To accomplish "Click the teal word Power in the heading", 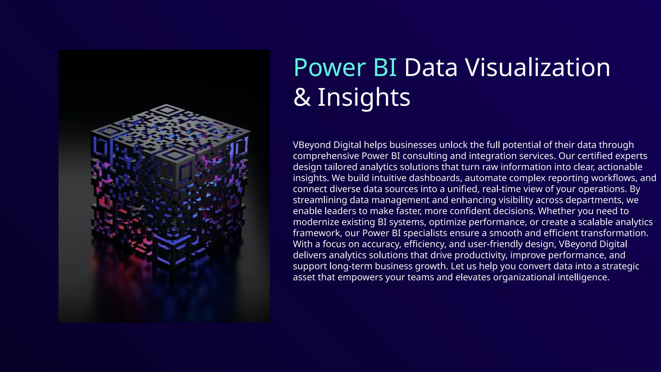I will (x=330, y=68).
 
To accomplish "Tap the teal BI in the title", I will (x=385, y=68).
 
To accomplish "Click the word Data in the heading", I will (x=431, y=68).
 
